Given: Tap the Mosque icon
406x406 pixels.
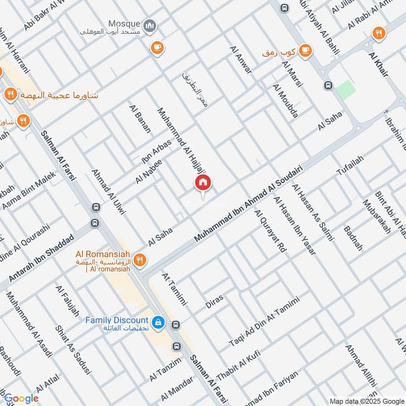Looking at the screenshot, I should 150,25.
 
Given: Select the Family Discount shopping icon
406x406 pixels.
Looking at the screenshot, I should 158,322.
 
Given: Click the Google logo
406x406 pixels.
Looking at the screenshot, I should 21,398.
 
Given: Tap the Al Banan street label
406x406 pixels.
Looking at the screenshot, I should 140,119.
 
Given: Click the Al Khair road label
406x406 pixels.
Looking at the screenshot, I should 378,64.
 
